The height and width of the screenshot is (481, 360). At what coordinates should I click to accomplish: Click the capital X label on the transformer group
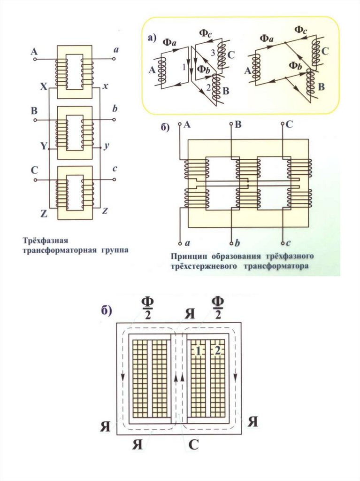tap(43, 87)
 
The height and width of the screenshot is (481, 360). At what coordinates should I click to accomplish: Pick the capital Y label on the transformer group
tap(43, 146)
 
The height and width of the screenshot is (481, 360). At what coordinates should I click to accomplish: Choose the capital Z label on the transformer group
tap(43, 213)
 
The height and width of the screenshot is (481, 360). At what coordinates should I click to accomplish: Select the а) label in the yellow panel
tap(152, 39)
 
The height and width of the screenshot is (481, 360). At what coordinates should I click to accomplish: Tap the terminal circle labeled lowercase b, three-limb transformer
tap(232, 243)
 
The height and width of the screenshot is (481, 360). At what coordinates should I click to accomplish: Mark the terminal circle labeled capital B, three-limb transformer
tap(232, 124)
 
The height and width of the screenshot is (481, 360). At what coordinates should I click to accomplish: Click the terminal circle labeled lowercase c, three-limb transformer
tap(283, 243)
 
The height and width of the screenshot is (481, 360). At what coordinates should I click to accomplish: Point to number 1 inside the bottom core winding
tap(199, 350)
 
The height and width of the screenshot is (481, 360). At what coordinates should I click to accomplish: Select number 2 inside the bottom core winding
tap(217, 350)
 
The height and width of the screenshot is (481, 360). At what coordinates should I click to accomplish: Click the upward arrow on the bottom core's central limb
tap(176, 378)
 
